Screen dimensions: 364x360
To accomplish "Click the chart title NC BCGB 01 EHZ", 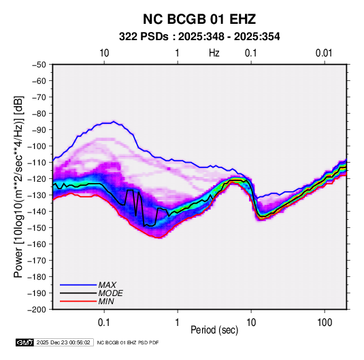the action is click(x=199, y=19).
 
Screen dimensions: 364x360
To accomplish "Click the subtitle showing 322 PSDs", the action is click(x=199, y=37).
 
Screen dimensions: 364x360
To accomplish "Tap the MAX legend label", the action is click(x=107, y=285).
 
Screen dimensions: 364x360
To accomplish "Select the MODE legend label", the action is click(x=110, y=293).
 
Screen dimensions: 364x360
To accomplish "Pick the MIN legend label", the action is click(x=106, y=301).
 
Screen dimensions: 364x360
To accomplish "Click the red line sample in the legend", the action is click(x=78, y=301).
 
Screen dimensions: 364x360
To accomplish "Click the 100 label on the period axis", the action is click(x=325, y=323).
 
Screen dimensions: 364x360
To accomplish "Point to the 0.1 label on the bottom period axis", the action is click(x=104, y=323).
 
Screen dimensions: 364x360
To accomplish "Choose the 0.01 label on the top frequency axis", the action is click(x=324, y=53).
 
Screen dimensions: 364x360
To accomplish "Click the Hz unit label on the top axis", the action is click(x=214, y=53).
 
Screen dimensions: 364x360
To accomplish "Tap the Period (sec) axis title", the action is click(x=214, y=330).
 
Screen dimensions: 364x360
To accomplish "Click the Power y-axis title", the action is click(x=18, y=186).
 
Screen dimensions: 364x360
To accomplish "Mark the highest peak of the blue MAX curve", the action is click(x=114, y=121).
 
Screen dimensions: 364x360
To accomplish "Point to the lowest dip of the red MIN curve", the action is click(x=159, y=238).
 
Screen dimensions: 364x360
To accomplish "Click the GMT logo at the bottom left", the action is click(x=24, y=342).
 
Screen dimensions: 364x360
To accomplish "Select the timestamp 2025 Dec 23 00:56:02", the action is click(x=63, y=342).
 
